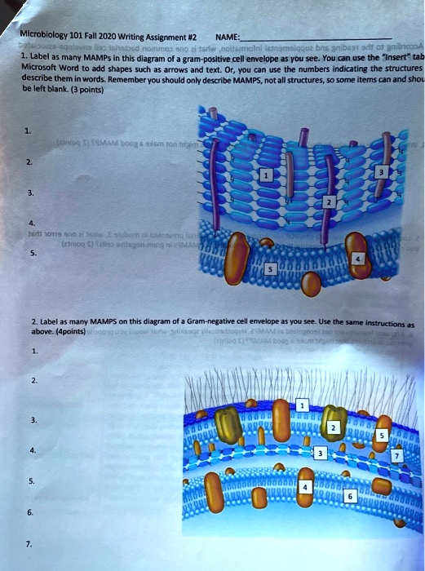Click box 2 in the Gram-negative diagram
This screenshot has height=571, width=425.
pos(332,428)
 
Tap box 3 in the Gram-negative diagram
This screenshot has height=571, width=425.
pos(321,453)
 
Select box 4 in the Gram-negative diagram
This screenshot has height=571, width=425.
pos(305,487)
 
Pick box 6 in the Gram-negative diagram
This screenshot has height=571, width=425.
pos(350,495)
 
